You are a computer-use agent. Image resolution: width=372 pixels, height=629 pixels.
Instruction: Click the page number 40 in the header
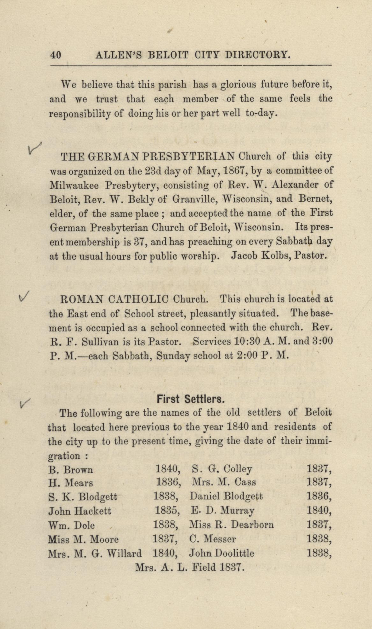pyautogui.click(x=56, y=55)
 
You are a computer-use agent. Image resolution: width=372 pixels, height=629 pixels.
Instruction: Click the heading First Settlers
pyautogui.click(x=191, y=399)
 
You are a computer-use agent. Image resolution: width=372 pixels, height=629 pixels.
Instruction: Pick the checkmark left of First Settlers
pyautogui.click(x=25, y=404)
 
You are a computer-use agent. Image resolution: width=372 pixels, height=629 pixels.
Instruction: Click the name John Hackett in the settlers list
pyautogui.click(x=80, y=511)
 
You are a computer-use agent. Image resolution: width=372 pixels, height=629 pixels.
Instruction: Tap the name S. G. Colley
pyautogui.click(x=222, y=469)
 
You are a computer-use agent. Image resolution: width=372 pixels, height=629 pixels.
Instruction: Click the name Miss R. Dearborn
pyautogui.click(x=231, y=525)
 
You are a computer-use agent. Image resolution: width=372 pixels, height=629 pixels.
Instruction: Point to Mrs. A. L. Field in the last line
pyautogui.click(x=175, y=567)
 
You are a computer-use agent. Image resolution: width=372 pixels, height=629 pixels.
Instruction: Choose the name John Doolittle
pyautogui.click(x=222, y=553)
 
